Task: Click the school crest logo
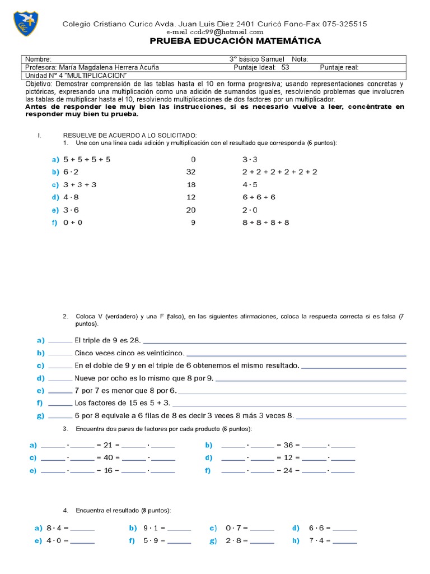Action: pyautogui.click(x=26, y=23)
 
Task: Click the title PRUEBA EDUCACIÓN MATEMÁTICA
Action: pyautogui.click(x=235, y=41)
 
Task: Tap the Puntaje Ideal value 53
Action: pyautogui.click(x=286, y=67)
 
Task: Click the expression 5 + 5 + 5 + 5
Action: pyautogui.click(x=87, y=159)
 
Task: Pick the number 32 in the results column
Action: pyautogui.click(x=190, y=172)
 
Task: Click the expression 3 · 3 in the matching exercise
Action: pyautogui.click(x=250, y=159)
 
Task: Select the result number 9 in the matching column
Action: pyautogui.click(x=193, y=223)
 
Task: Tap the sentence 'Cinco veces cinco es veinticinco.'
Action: pyautogui.click(x=129, y=353)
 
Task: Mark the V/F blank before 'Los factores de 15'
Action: pyautogui.click(x=60, y=403)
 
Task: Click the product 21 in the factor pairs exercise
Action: pyautogui.click(x=109, y=445)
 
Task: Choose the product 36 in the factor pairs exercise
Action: pyautogui.click(x=288, y=445)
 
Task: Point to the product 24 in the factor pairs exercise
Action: pyautogui.click(x=288, y=471)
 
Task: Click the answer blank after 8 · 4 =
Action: pyautogui.click(x=82, y=528)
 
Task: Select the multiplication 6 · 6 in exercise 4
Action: pyautogui.click(x=317, y=528)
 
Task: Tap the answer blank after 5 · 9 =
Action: pyautogui.click(x=179, y=541)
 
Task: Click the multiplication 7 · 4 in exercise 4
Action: pyautogui.click(x=317, y=541)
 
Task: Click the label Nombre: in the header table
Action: pyautogui.click(x=39, y=59)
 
